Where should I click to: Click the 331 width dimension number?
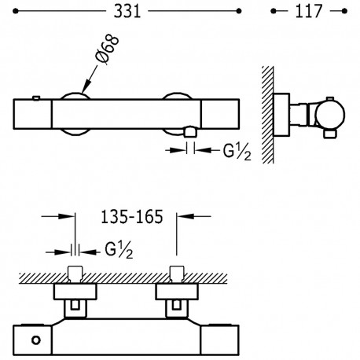tap(127, 12)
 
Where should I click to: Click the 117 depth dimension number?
tap(308, 12)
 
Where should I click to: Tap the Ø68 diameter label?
tap(107, 49)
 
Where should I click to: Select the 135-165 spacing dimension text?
tap(132, 217)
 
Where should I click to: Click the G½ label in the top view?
tap(237, 152)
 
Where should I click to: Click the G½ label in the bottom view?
tap(119, 250)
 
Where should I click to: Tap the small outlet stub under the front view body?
tap(190, 132)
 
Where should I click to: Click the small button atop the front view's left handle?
tap(36, 97)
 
